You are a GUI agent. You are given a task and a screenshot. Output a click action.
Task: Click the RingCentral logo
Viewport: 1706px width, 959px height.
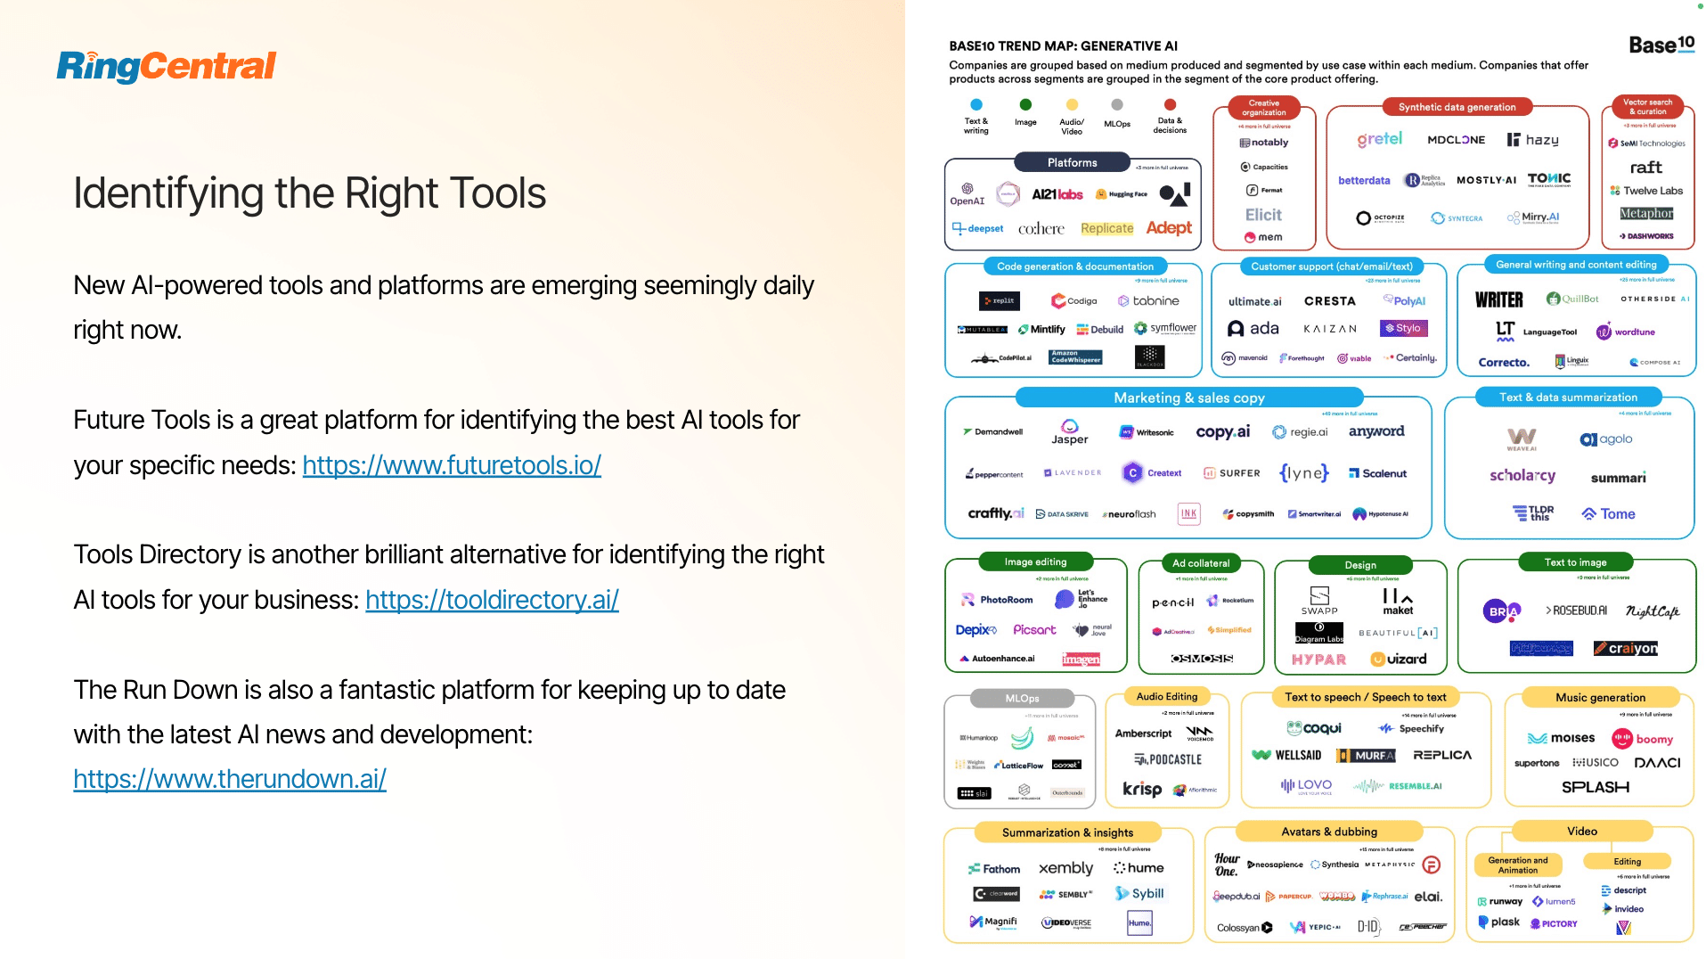coord(167,66)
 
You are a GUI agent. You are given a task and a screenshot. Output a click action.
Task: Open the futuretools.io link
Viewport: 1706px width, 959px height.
coord(452,465)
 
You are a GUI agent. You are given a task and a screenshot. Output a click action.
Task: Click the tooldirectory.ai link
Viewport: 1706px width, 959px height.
coord(492,600)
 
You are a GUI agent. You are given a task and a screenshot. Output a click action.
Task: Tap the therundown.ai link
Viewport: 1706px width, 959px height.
coord(230,779)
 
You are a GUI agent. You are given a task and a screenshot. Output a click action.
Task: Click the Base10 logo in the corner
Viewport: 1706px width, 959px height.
coord(1661,45)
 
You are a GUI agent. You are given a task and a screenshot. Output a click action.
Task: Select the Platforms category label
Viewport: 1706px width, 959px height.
coord(1072,163)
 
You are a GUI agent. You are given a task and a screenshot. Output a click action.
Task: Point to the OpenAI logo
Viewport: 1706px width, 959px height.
coord(967,193)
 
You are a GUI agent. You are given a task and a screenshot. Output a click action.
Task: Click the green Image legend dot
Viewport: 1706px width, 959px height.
coord(1025,105)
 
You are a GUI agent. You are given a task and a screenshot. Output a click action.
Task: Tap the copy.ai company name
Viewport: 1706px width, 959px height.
coord(1222,432)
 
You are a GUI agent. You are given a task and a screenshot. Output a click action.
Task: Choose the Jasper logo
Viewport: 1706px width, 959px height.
coord(1069,432)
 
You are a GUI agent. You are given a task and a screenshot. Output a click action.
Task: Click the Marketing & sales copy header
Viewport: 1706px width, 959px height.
coord(1188,398)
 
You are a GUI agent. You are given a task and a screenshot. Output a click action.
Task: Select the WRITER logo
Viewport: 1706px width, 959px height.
coord(1498,300)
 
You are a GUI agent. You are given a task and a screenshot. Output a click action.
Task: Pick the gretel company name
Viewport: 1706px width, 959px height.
coord(1379,139)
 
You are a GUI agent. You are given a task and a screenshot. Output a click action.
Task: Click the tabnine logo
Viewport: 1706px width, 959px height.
coord(1149,301)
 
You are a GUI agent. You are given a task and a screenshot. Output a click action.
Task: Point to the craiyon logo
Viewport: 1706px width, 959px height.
coord(1626,648)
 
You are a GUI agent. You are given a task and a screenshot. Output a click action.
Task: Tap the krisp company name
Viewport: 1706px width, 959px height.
coord(1141,789)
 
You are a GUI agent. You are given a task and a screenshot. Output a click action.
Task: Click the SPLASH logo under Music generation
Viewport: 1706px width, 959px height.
coord(1595,787)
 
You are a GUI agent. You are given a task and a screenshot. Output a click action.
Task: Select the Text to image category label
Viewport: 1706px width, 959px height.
coord(1575,562)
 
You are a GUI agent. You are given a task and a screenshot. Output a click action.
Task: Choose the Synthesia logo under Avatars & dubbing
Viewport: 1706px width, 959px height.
coord(1335,865)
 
